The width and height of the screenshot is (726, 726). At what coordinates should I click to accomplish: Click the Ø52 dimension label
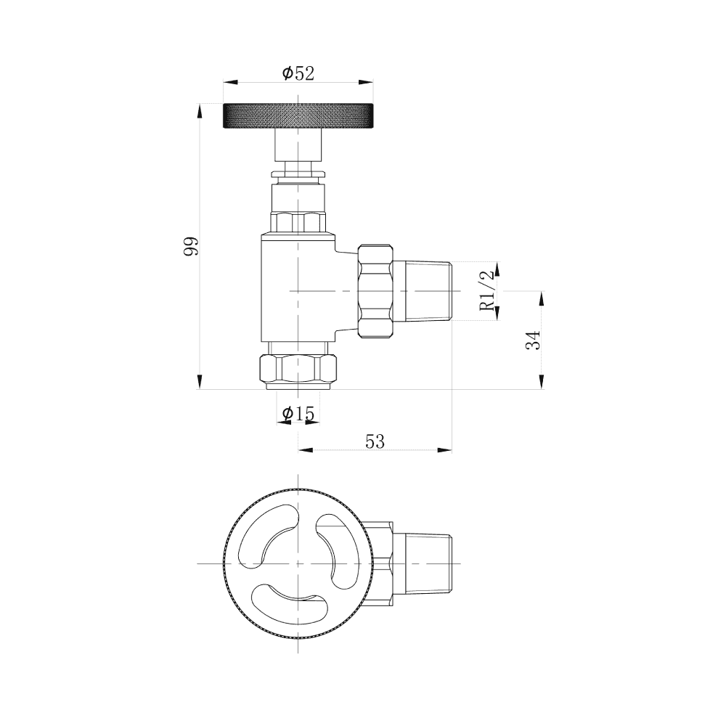click(x=298, y=73)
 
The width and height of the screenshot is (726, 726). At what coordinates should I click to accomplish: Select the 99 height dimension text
click(x=191, y=247)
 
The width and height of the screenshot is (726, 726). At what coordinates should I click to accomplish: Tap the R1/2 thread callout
click(x=487, y=290)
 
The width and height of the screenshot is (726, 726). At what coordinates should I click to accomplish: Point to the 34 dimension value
click(x=534, y=340)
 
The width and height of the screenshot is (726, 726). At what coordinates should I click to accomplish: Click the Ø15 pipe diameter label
click(x=298, y=414)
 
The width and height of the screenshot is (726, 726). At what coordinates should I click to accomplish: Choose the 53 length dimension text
click(x=375, y=441)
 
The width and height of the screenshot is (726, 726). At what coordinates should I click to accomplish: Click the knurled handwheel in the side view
click(x=298, y=116)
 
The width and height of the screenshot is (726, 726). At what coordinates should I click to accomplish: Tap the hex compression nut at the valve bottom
click(x=298, y=368)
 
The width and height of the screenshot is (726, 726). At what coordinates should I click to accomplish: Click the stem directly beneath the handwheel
click(x=298, y=145)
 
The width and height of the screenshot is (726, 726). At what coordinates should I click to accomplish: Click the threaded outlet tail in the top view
click(x=425, y=563)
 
